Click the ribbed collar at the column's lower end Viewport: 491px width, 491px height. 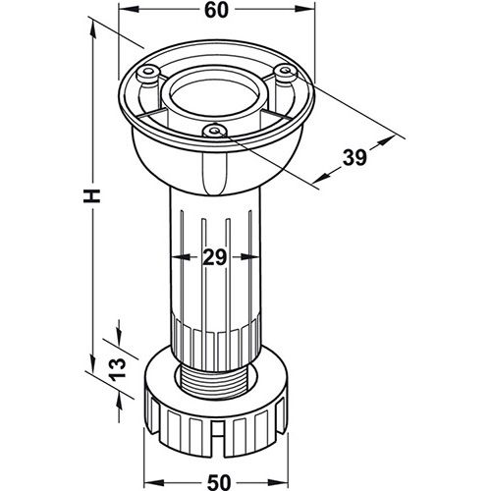[216, 339]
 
